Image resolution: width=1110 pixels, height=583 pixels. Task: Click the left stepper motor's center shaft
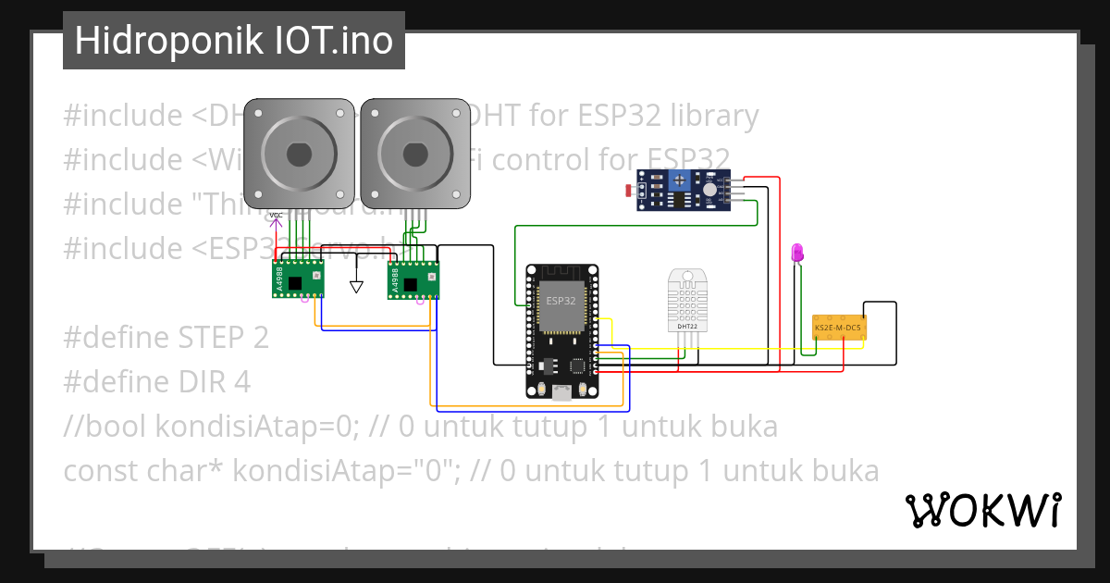[299, 153]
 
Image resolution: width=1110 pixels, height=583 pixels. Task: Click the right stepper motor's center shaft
[415, 153]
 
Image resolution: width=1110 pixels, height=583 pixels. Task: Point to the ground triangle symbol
[357, 287]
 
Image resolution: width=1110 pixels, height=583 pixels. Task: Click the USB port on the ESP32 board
[561, 391]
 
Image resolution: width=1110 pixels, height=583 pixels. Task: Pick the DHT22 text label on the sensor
[687, 326]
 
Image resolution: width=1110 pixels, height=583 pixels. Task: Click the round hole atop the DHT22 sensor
[688, 276]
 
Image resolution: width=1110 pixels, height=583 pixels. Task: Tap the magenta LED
[798, 252]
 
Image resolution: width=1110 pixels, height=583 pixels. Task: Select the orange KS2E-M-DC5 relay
[838, 328]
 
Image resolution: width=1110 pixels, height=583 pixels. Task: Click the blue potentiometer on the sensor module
[681, 180]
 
